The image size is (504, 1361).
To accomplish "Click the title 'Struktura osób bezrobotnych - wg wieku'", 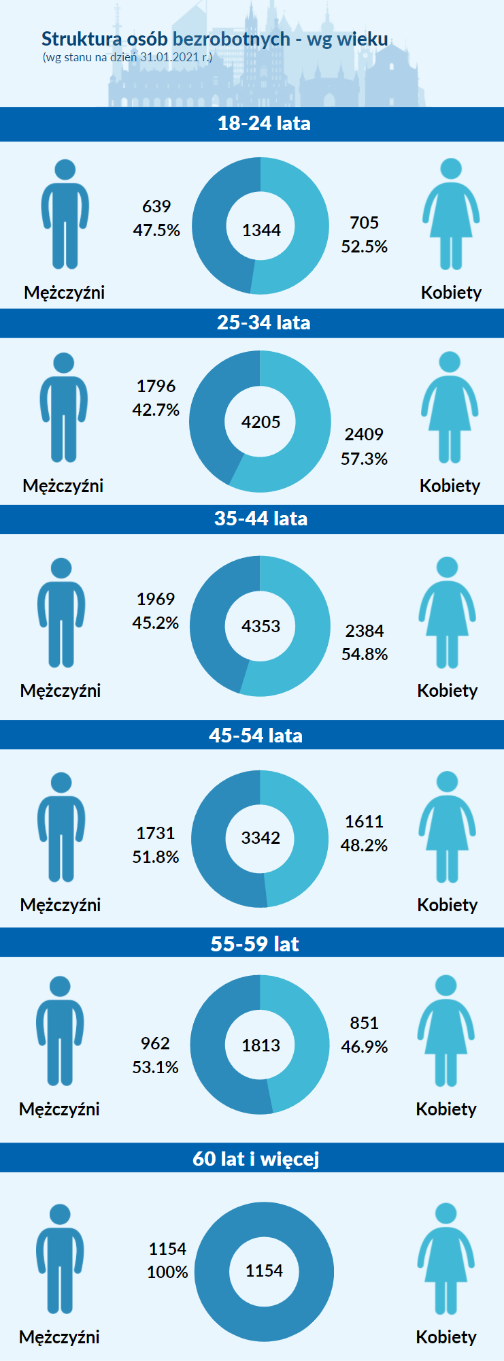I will coord(214,39).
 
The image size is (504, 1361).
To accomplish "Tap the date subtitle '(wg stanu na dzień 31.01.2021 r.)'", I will coord(127,57).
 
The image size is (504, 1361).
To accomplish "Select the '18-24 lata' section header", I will coord(264,123).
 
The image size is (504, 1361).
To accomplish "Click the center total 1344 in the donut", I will coord(261,231).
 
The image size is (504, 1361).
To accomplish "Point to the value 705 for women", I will coord(364,223).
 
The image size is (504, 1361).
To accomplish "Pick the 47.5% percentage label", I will coord(156,230).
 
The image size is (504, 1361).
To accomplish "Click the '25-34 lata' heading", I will coord(263,323).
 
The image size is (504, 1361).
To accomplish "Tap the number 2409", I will coord(364,434).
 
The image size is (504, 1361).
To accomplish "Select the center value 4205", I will coord(261,422).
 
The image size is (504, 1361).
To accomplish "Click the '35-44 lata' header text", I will coord(261,519).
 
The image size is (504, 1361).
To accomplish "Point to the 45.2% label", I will coord(156,623).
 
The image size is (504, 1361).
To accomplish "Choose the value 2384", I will coord(365,631).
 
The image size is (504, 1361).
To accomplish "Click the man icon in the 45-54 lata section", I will coord(61,827).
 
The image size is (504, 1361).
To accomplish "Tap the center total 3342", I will coord(261,838).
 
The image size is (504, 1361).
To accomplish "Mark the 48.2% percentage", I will coord(364,845).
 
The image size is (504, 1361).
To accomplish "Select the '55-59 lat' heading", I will coord(255,944).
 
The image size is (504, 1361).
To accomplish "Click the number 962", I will coord(155,1043).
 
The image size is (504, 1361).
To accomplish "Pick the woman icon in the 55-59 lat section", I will coord(446,1030).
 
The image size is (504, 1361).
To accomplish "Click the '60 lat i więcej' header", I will coord(256,1158).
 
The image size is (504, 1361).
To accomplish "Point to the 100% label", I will coord(167,1272).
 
